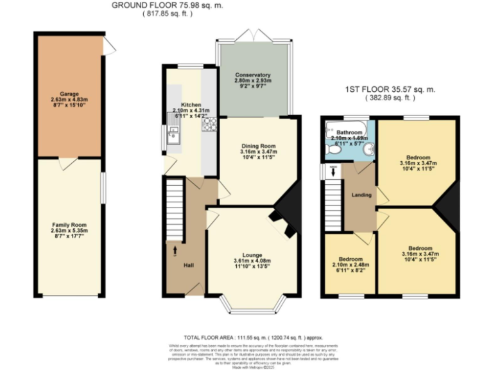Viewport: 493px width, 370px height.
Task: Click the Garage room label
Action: pos(69,93)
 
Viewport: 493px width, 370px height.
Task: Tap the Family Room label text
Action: pos(68,224)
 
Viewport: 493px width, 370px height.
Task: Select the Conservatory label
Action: pos(252,75)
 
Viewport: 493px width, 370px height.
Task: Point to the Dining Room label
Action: pos(259,146)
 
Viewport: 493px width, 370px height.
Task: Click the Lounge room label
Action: pos(251,254)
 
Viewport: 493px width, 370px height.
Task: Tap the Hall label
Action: pos(189,265)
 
